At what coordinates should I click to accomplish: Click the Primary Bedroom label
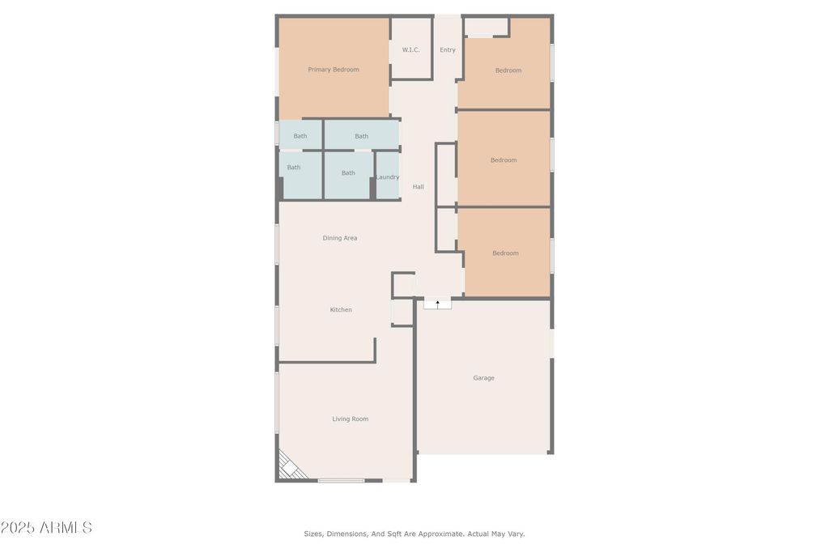[334, 70]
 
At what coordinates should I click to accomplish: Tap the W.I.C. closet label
[411, 50]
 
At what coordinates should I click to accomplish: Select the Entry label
[448, 50]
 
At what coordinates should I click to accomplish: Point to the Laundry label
[388, 177]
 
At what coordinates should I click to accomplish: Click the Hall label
[419, 187]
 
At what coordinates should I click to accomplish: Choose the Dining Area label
[340, 238]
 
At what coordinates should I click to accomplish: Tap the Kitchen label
[341, 310]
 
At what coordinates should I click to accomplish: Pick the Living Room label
[351, 419]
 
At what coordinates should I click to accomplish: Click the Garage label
[484, 378]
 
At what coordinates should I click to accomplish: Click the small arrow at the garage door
[438, 303]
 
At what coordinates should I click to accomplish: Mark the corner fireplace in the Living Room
[288, 466]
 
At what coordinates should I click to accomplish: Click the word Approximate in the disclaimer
[436, 534]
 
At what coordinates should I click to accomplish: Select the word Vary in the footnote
[516, 534]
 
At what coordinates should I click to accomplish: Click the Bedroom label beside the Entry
[508, 70]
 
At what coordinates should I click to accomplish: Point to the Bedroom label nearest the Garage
[505, 253]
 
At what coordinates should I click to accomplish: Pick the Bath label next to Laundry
[348, 173]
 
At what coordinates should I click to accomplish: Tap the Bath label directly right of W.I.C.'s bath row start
[361, 136]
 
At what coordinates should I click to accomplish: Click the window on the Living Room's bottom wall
[341, 481]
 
